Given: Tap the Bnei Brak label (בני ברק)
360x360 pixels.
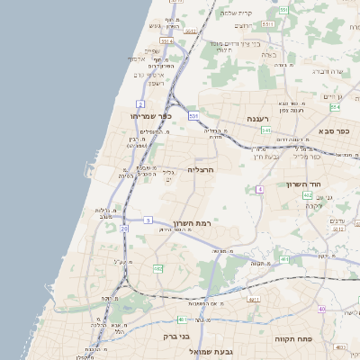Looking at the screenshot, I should point(176,336).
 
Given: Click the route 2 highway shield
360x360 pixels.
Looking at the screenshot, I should point(141,104).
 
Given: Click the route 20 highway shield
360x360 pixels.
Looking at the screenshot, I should point(124,229).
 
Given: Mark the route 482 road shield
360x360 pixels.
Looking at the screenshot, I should point(158,268).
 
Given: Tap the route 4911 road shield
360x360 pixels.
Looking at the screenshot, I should point(253,298).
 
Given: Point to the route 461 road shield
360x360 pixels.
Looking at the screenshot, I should point(183,319).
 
